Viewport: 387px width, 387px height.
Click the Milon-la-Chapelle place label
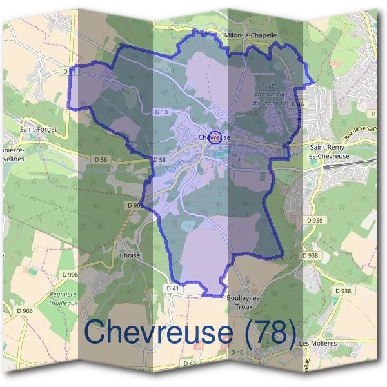(250, 36)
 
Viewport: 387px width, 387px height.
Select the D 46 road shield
(297, 104)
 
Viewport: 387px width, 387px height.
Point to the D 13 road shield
(162, 112)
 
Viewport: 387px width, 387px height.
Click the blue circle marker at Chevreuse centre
(216, 137)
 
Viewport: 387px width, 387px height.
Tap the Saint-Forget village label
(39, 129)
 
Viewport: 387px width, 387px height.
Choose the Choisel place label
(130, 255)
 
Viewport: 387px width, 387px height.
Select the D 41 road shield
(172, 288)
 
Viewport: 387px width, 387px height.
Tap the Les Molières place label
(318, 343)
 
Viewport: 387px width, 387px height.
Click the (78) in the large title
(268, 332)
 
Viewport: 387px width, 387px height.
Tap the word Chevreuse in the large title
(158, 332)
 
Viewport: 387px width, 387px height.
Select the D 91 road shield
(72, 72)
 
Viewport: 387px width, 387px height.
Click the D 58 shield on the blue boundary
(159, 159)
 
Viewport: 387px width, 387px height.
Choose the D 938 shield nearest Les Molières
(344, 291)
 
